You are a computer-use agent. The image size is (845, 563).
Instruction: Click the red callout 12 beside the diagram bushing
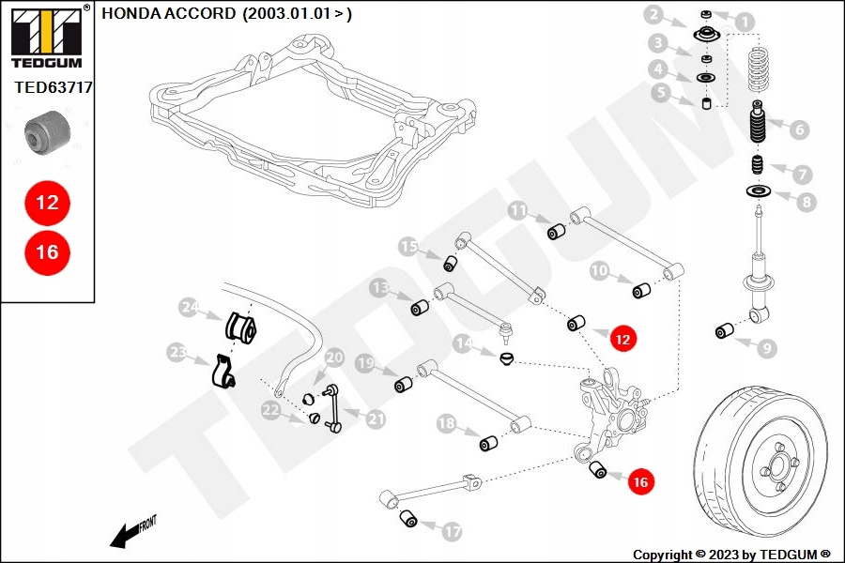622,339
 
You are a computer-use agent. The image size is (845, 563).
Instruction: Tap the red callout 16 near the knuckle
641,482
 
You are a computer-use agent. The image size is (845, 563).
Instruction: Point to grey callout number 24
191,307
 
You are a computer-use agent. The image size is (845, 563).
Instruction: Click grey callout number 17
452,532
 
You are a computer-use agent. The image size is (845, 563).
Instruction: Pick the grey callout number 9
767,348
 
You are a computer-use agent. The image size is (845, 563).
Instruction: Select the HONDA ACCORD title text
226,15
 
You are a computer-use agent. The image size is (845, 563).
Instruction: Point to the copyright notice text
731,554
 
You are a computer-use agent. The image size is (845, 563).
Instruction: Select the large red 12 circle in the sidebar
47,202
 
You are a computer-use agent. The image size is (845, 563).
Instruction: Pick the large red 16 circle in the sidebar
47,251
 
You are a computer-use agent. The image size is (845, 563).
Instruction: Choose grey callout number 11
518,211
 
